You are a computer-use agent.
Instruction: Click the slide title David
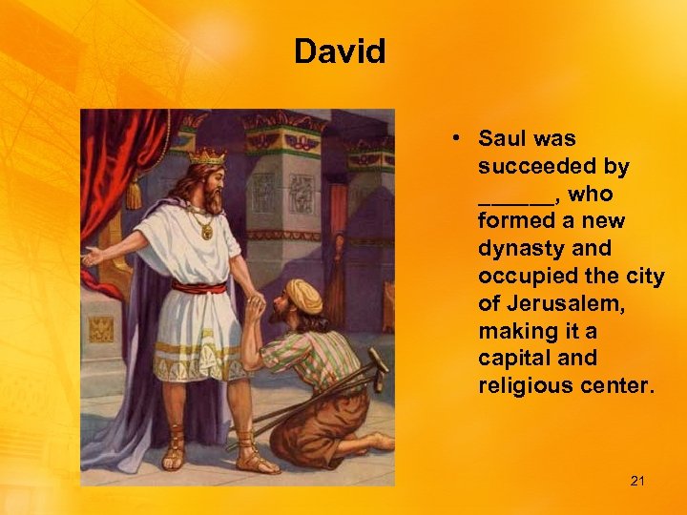[340, 51]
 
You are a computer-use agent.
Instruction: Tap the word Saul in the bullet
[503, 139]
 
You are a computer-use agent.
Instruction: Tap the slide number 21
[637, 481]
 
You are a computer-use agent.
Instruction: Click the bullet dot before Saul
[459, 139]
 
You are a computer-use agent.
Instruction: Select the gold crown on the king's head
[207, 154]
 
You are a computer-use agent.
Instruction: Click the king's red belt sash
[199, 287]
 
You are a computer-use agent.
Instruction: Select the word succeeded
[553, 167]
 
